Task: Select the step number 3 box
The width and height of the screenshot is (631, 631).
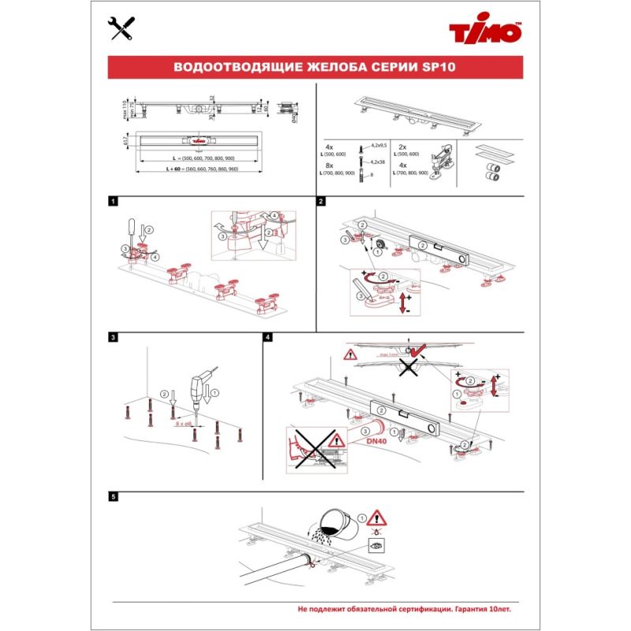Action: click(x=114, y=338)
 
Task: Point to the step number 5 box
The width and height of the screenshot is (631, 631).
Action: click(x=114, y=498)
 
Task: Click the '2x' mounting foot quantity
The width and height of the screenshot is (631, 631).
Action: click(x=401, y=147)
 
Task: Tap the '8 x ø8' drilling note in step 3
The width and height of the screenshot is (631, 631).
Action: click(x=185, y=424)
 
